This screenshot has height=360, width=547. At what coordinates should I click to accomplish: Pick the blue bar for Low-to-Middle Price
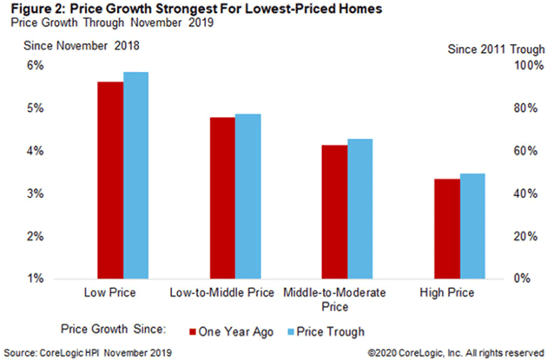(x=247, y=196)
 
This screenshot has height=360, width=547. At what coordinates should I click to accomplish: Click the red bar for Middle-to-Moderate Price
(x=334, y=212)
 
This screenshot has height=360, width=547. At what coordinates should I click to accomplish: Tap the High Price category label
(x=446, y=292)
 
